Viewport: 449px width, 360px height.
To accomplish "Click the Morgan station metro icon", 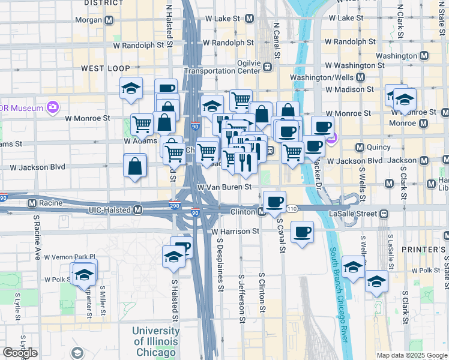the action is coord(109,20).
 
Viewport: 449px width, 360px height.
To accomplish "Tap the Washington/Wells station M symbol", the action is coord(360,77).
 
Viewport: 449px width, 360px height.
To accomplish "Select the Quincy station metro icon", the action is coord(360,148).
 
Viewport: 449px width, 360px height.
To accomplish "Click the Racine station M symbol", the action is coord(16,203).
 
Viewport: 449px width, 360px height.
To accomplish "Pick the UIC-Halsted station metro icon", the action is coord(138,210).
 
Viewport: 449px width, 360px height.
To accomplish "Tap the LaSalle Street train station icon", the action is coord(382,214).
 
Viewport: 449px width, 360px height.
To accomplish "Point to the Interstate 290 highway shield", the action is coord(174,205).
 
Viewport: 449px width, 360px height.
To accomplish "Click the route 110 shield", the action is coord(292,208).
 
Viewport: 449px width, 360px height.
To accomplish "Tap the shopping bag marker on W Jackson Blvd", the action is coord(135,166).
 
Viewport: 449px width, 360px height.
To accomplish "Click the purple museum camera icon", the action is coord(53,107).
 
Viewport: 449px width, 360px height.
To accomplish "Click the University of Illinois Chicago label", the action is coord(155,341).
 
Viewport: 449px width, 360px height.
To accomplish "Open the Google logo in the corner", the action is coord(20,353).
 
